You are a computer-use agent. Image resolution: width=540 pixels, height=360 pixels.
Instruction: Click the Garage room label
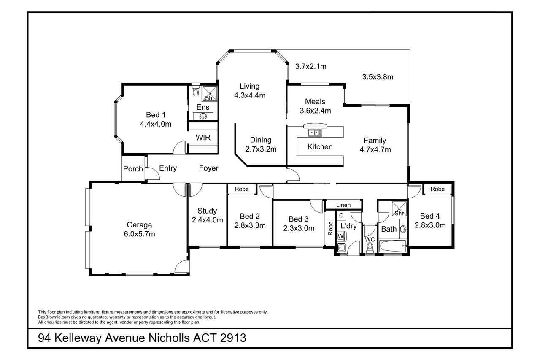click(139, 225)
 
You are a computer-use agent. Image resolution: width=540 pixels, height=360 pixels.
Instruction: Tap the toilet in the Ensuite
click(196, 90)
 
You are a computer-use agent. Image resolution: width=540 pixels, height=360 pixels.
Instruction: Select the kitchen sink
click(315, 133)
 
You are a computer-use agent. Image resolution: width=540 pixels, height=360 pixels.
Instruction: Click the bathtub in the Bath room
click(393, 246)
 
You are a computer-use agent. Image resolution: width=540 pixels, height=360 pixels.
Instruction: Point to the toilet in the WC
click(370, 248)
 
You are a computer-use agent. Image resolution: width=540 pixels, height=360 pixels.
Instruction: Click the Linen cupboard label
click(343, 205)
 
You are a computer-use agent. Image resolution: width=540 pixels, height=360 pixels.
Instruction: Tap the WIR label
click(203, 138)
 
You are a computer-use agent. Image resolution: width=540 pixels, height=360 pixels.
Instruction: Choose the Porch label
click(133, 169)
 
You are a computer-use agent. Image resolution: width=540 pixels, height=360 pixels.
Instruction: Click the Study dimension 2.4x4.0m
click(207, 220)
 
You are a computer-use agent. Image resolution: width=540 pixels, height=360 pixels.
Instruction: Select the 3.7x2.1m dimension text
click(311, 66)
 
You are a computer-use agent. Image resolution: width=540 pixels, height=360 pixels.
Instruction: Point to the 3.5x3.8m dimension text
click(378, 77)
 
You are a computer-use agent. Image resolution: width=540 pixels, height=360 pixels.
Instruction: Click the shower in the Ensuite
click(209, 93)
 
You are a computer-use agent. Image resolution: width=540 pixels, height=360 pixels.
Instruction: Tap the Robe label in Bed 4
click(437, 189)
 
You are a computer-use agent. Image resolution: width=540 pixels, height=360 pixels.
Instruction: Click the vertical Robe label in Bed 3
click(330, 228)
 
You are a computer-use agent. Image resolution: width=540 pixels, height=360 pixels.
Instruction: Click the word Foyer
click(208, 168)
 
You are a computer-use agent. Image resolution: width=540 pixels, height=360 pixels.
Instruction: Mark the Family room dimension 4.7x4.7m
click(375, 150)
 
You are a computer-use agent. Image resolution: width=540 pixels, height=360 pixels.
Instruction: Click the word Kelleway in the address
click(78, 338)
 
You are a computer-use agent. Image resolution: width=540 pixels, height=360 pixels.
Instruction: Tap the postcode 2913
click(233, 338)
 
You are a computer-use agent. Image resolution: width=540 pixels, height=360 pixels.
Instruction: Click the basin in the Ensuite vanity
click(203, 116)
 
